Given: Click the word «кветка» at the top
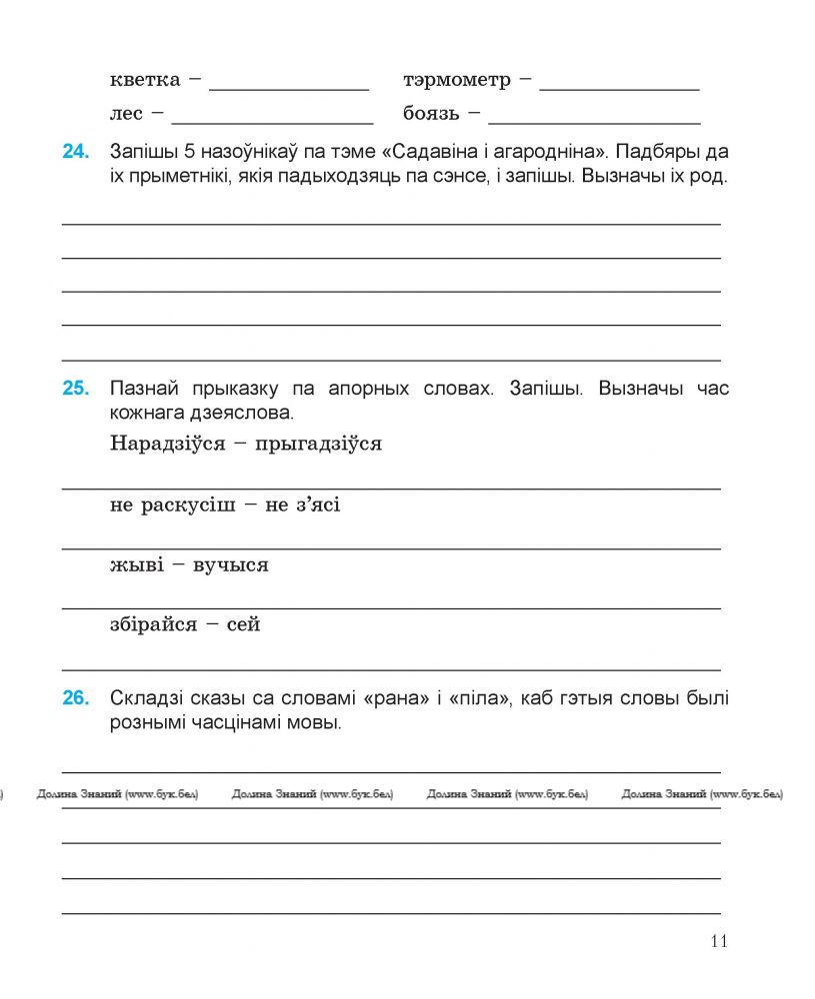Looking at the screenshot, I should [x=145, y=80].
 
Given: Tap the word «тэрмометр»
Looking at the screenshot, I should [x=456, y=80].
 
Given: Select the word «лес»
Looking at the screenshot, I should [x=127, y=114].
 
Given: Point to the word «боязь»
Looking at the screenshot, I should [x=431, y=114].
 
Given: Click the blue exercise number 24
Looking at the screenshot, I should [x=76, y=152].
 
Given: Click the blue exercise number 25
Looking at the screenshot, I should [x=76, y=389].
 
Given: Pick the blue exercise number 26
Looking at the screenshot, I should [x=76, y=698].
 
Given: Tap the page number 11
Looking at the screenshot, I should [x=719, y=941].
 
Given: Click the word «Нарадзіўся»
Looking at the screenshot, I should [x=163, y=444].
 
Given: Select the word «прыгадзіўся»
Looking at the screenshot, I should [x=319, y=444].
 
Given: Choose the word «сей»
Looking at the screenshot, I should [x=244, y=625].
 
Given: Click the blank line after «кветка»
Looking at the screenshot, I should [x=289, y=88].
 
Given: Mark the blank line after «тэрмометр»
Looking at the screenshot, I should [x=619, y=88].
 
